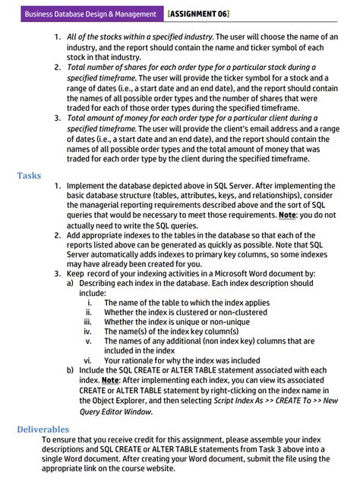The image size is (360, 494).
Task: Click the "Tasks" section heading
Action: point(29,175)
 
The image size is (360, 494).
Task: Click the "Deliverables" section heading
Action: point(43,429)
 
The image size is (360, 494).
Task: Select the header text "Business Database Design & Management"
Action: point(90,14)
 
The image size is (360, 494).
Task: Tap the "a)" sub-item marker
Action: point(71,282)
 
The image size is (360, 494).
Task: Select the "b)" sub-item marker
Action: point(71,370)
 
